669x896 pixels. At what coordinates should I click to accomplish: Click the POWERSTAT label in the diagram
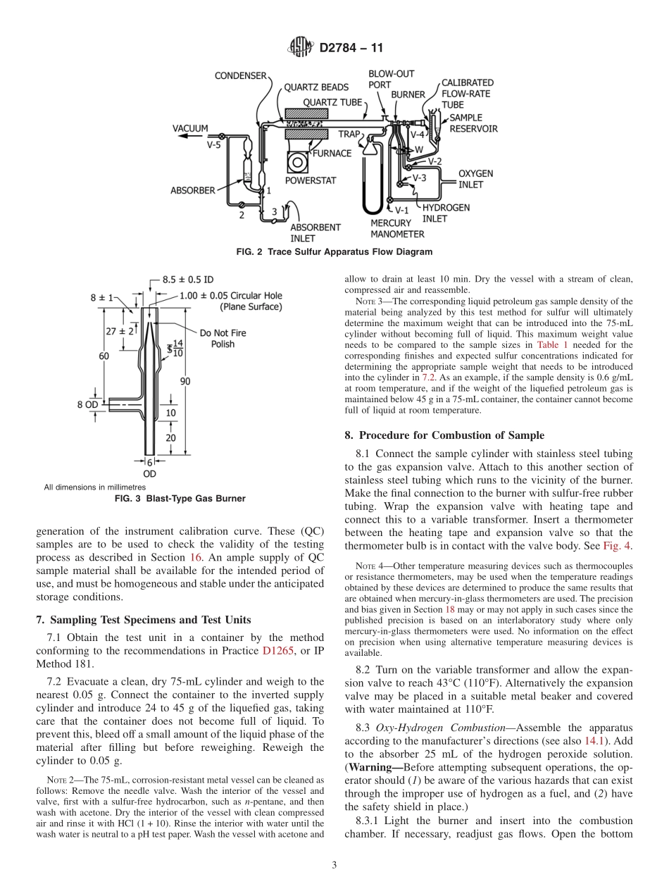point(311,180)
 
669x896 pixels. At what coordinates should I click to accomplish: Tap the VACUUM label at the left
point(190,128)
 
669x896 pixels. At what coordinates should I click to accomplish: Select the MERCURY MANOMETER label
point(397,229)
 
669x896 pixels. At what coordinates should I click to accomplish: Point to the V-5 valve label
point(213,146)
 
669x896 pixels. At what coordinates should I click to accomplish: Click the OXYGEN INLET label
point(476,179)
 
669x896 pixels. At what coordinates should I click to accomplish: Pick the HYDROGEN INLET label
point(446,213)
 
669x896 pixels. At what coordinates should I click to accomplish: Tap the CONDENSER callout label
point(241,75)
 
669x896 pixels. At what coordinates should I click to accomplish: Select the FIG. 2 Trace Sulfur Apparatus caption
point(334,251)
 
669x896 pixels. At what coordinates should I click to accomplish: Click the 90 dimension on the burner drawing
point(185,380)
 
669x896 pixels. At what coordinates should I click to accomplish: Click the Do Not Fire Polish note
point(223,338)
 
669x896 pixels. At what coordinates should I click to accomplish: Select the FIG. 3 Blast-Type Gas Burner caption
point(180,498)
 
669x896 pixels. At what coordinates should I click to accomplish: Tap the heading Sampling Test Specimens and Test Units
point(143,620)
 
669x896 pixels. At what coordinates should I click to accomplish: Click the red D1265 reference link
point(279,651)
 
